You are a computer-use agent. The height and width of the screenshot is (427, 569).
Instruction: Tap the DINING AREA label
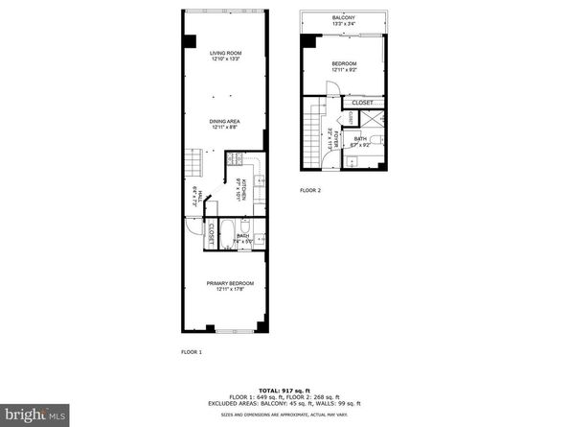pos(225,120)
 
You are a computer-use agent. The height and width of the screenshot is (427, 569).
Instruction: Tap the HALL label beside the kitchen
pos(198,196)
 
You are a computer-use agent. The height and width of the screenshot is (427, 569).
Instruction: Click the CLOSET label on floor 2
pos(362,103)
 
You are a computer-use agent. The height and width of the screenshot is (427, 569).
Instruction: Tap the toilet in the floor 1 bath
pos(261,237)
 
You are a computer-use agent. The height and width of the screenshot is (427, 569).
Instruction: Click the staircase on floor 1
pos(195,162)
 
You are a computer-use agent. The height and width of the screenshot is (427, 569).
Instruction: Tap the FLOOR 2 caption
pos(309,191)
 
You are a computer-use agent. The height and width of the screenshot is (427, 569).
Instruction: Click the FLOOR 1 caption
pos(192,352)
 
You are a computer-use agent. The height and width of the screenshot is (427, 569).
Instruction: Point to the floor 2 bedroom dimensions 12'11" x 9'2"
pos(343,70)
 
